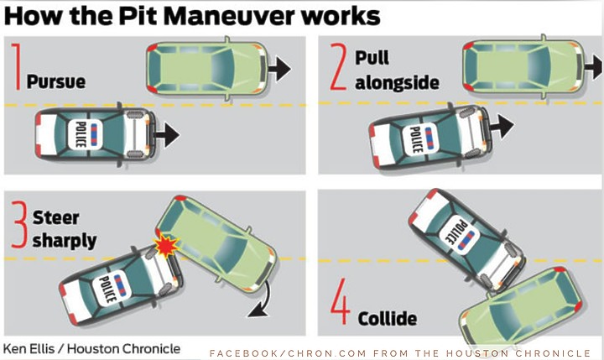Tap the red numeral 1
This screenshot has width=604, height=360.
click(x=17, y=66)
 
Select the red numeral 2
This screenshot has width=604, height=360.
click(x=339, y=66)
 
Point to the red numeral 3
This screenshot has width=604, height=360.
click(x=19, y=224)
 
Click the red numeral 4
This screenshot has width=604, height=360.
click(x=341, y=301)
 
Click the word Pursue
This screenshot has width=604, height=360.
click(x=56, y=82)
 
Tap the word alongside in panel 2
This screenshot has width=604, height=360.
click(x=397, y=82)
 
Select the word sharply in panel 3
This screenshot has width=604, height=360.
click(x=65, y=242)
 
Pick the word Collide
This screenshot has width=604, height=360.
click(x=387, y=319)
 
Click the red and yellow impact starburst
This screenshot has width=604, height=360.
click(x=166, y=246)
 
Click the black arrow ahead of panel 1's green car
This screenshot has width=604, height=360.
click(x=279, y=69)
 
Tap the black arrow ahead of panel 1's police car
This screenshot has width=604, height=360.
click(x=168, y=135)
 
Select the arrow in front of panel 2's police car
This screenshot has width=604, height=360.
click(x=502, y=126)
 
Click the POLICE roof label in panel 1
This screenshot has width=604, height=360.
click(x=81, y=134)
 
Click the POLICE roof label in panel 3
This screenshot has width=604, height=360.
click(x=107, y=289)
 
